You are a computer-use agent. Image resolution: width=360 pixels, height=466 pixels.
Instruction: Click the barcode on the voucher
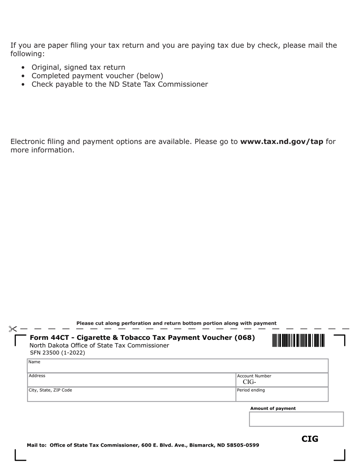(298, 341)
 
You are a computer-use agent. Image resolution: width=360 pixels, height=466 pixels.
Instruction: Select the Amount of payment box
(296, 419)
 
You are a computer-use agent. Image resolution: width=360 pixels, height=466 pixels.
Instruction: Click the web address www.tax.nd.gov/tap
(282, 142)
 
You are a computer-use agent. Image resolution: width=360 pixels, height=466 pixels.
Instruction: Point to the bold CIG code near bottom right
(310, 439)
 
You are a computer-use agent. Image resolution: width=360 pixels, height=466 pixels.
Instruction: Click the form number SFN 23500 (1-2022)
(58, 353)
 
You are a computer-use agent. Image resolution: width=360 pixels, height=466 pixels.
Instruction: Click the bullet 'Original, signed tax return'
(78, 67)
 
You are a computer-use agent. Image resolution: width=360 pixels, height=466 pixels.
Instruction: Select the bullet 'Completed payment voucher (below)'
(97, 76)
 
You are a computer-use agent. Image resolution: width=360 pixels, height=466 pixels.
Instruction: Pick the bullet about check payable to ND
(119, 84)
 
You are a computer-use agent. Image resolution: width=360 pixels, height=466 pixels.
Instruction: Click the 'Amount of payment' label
(273, 408)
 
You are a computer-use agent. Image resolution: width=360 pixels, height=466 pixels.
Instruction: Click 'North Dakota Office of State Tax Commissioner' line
(99, 346)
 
